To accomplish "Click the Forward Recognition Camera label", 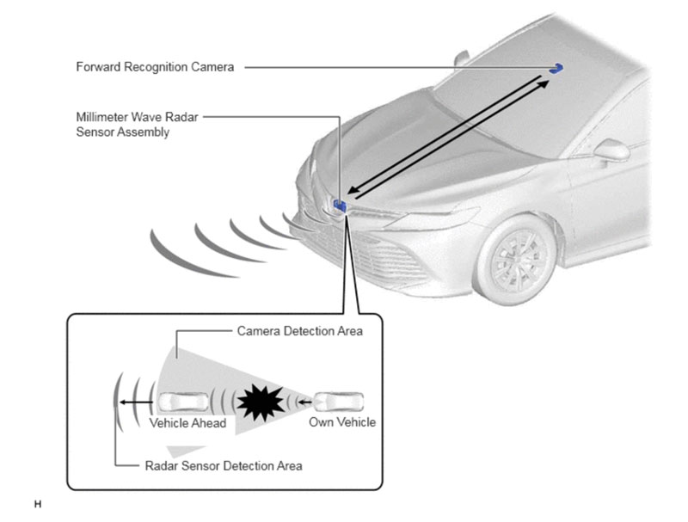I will pyautogui.click(x=155, y=67).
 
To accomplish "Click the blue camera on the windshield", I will pyautogui.click(x=557, y=68).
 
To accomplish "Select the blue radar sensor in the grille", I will pyautogui.click(x=341, y=206).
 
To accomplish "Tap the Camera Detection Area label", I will pyautogui.click(x=299, y=331).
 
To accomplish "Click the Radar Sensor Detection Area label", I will pyautogui.click(x=223, y=466).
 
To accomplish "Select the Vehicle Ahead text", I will pyautogui.click(x=187, y=423).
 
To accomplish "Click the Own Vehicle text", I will pyautogui.click(x=342, y=422).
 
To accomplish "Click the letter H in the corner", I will pyautogui.click(x=37, y=503).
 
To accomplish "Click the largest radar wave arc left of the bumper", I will pyautogui.click(x=176, y=255).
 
